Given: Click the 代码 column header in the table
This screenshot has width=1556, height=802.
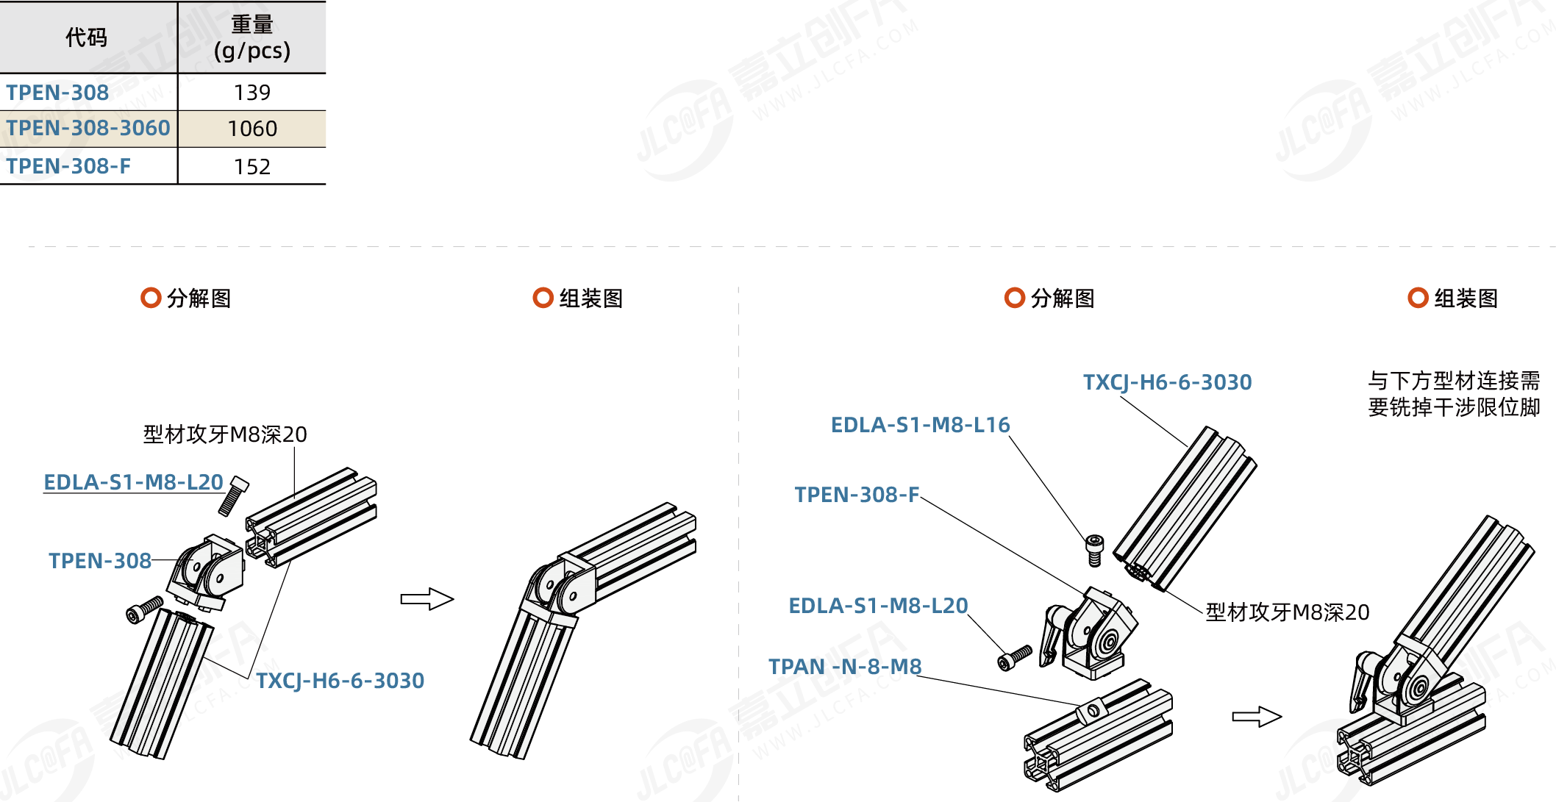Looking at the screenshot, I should (86, 37).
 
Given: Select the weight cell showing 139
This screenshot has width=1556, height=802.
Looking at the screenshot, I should (251, 93).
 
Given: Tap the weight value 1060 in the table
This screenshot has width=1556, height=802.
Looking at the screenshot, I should (251, 129).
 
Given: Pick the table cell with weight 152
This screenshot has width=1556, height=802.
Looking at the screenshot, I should (251, 167).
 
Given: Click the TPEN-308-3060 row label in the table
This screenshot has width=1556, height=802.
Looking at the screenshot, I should (88, 129).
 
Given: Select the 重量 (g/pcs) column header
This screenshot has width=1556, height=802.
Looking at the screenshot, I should (251, 37).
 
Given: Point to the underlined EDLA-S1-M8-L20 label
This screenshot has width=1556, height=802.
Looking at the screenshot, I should (133, 482).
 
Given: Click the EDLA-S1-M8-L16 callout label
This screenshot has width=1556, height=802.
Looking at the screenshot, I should (920, 425).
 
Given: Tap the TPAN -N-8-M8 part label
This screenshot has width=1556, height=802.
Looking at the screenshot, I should (844, 667).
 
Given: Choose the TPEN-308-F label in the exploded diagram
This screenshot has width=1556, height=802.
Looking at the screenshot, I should (857, 495).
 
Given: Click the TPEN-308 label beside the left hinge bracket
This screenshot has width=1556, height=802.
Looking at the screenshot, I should (100, 561).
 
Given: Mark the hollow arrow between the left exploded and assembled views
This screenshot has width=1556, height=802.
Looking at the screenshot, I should (427, 599).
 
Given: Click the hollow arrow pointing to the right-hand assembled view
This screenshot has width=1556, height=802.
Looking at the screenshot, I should (1257, 717).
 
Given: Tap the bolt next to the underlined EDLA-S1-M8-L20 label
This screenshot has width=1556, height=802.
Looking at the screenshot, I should (233, 495).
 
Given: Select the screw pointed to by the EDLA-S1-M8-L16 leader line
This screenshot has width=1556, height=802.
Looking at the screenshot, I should (1094, 550).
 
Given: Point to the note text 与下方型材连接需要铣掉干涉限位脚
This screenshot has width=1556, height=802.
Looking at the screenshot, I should (1453, 394).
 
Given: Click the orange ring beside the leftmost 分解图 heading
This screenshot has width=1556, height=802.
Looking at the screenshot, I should (151, 298).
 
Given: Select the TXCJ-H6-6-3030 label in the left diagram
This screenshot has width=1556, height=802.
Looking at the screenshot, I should (340, 681).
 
